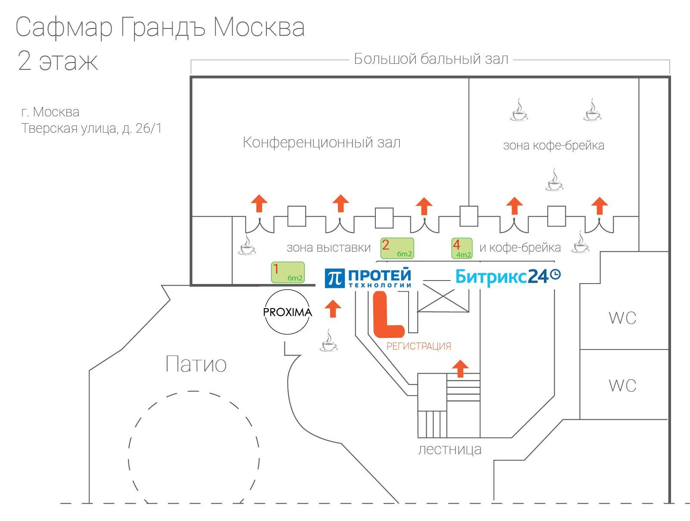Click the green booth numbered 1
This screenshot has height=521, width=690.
point(287,272)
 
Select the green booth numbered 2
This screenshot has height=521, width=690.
point(397,248)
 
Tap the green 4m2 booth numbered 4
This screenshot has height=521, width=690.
point(462,248)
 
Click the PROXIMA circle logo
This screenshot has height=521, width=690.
point(287,312)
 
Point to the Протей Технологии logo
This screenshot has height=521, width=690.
point(368,278)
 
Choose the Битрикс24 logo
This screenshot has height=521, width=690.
point(508,276)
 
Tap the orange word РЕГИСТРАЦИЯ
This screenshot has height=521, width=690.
point(418,346)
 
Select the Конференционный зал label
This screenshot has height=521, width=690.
point(322,142)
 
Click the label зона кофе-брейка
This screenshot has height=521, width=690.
point(553,146)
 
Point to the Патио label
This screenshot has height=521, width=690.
point(196,364)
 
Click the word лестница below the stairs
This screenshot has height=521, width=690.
point(450,449)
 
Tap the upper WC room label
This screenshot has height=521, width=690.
point(622,318)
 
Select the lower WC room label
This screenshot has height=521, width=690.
point(622,385)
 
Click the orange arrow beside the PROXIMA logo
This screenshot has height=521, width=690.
point(332,309)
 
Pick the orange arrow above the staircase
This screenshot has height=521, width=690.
point(460,368)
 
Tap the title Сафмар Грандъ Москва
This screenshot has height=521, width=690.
point(160,27)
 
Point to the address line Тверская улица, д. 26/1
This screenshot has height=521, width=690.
point(91,128)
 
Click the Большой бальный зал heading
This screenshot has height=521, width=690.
point(431,59)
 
